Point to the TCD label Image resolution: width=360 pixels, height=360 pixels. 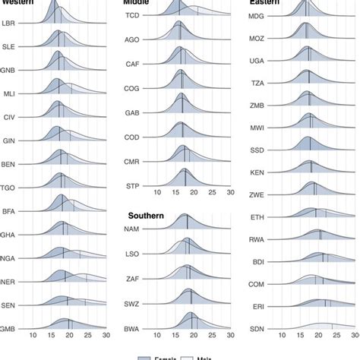tap(132, 14)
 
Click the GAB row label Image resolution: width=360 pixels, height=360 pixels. tap(132, 112)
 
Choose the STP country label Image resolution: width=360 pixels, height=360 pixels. tap(132, 185)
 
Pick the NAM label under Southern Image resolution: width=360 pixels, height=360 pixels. tap(133, 229)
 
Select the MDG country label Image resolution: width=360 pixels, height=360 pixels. tap(257, 14)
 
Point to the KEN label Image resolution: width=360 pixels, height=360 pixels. tap(257, 172)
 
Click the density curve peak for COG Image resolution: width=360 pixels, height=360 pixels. tap(180, 71)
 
